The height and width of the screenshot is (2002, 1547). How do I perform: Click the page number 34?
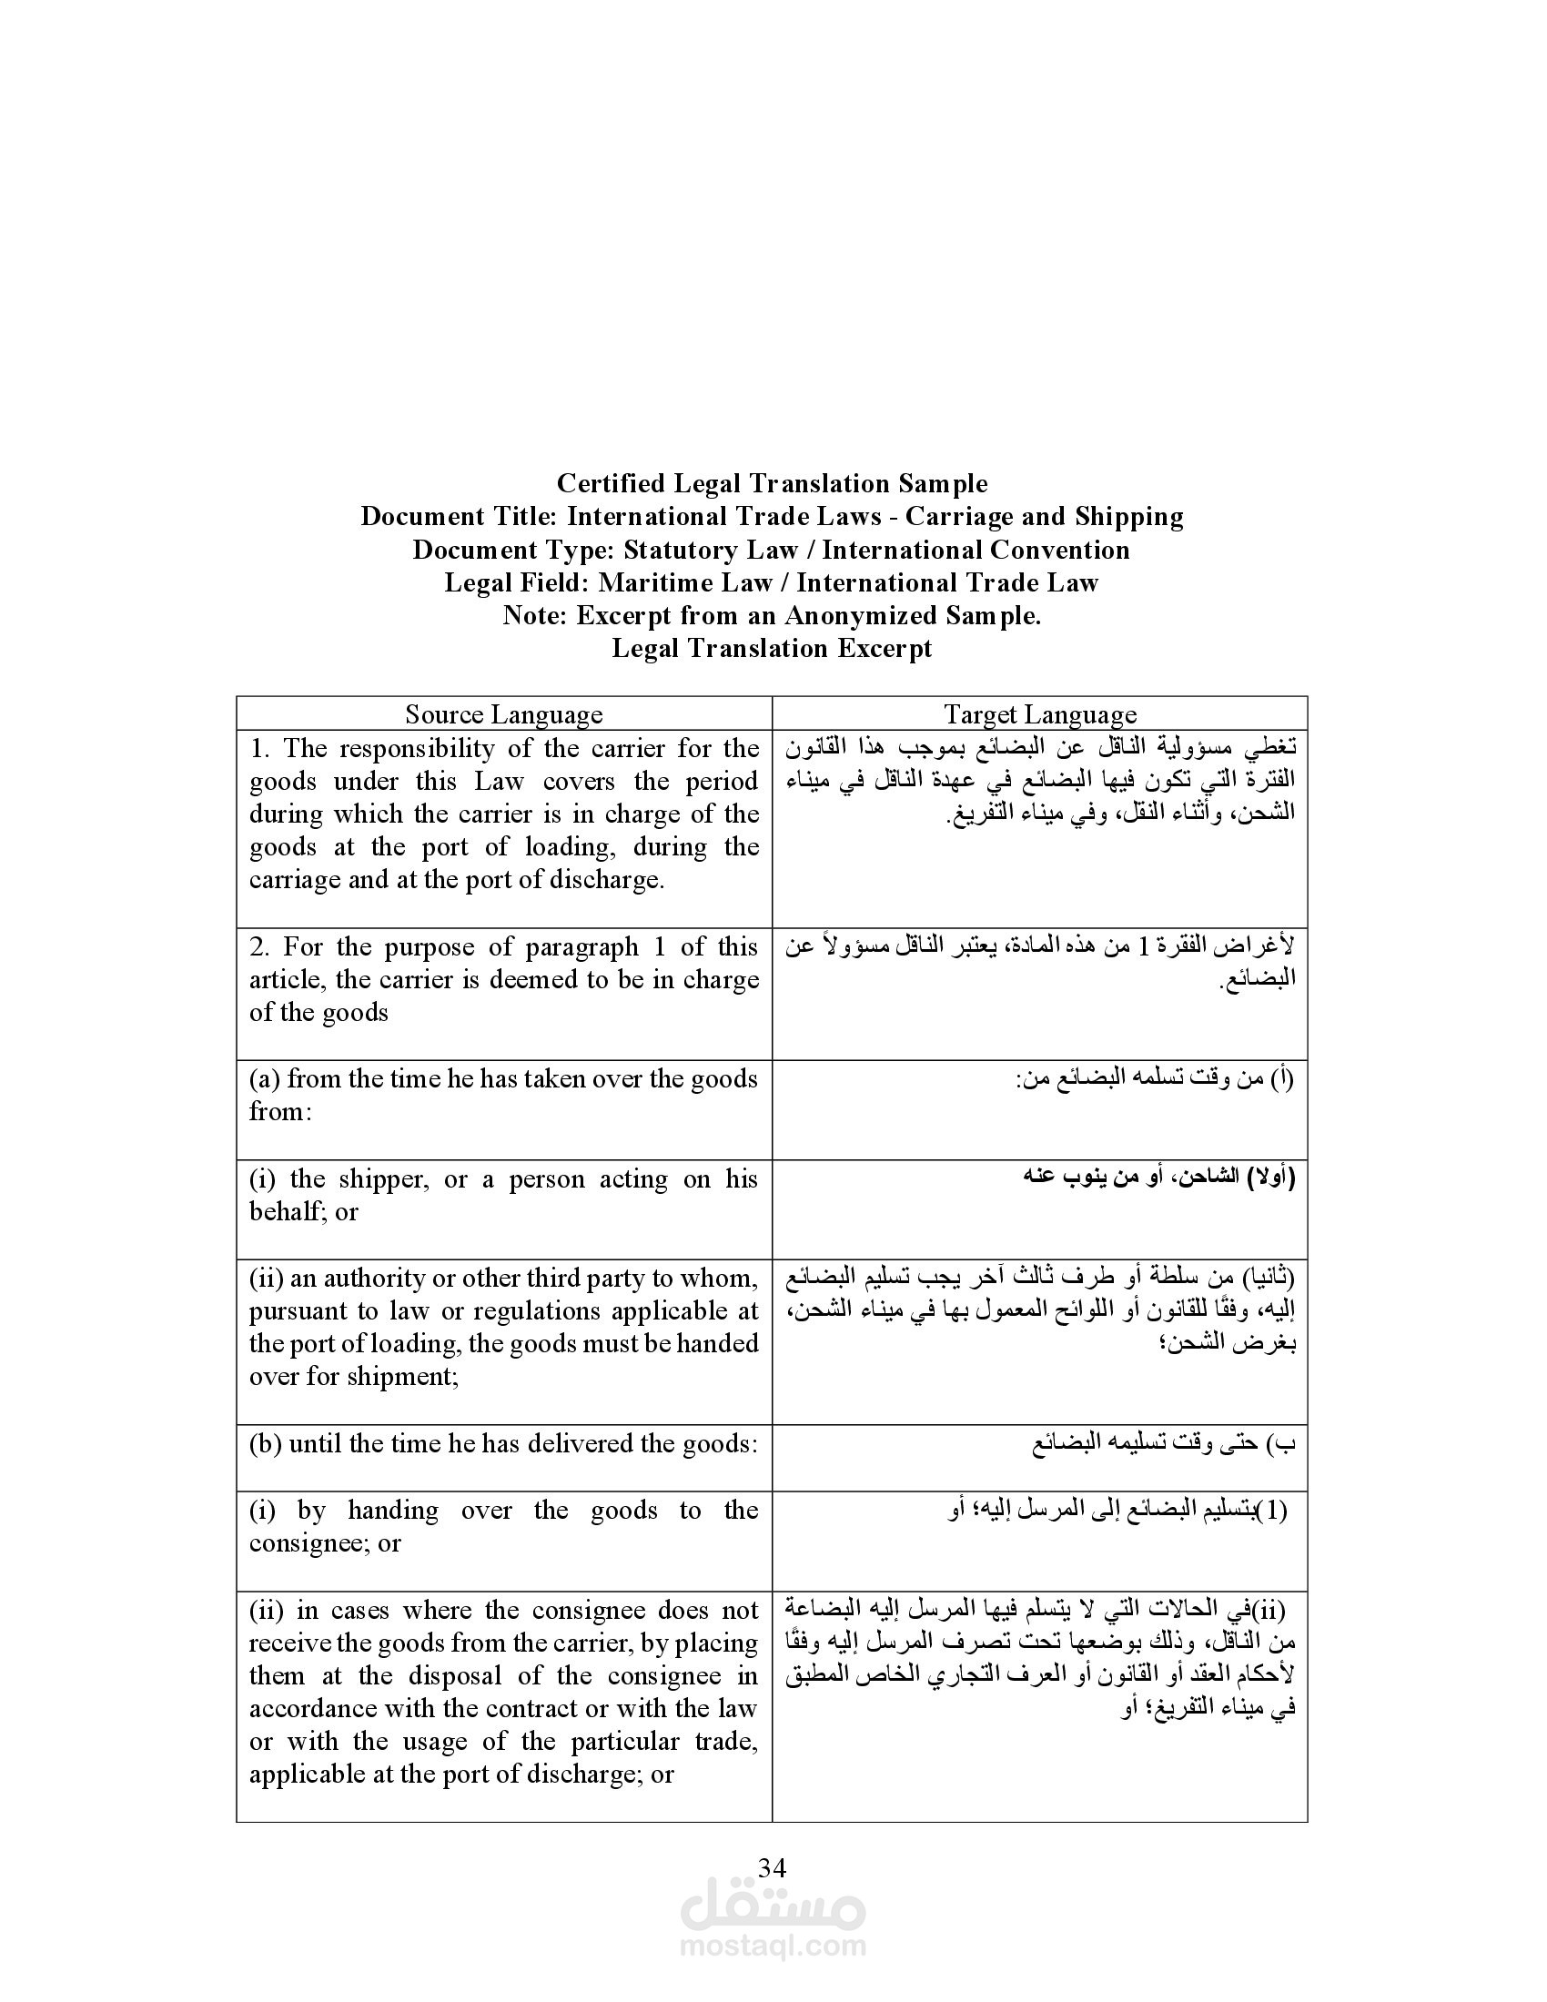773,1867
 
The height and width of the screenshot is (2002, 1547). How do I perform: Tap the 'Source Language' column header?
504,714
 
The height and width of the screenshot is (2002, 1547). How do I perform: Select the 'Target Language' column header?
1040,714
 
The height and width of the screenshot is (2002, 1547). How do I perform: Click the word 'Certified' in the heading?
612,483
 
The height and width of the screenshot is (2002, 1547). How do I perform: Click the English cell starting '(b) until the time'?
503,1444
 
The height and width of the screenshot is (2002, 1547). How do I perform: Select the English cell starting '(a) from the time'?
503,1095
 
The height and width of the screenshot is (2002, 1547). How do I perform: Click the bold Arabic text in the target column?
1159,1177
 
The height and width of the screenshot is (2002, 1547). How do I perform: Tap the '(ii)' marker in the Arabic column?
1269,1609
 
